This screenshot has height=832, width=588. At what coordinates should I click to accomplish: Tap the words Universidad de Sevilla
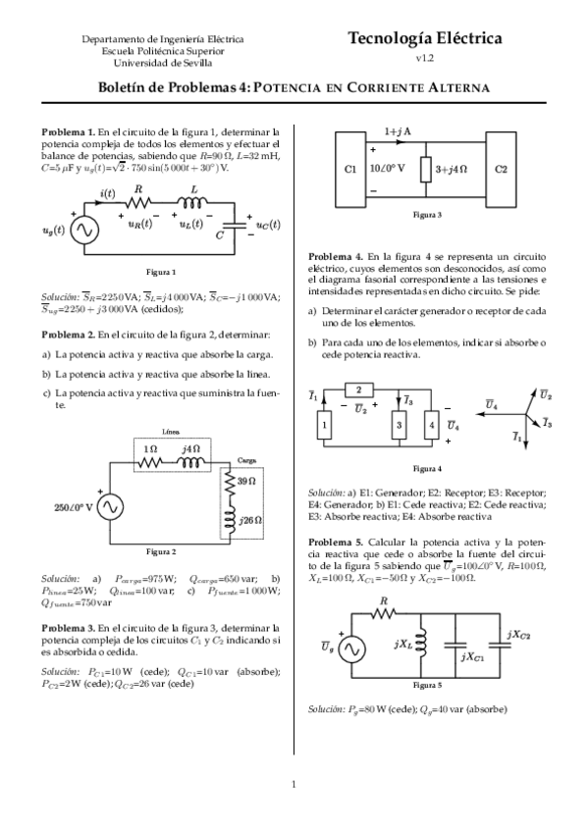[x=163, y=62]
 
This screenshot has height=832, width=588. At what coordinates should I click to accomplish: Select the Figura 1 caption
[x=162, y=272]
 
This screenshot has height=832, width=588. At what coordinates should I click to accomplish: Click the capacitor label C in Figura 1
[x=222, y=235]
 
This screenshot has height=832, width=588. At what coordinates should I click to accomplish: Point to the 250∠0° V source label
[x=71, y=507]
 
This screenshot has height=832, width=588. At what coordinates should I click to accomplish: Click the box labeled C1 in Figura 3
[x=350, y=169]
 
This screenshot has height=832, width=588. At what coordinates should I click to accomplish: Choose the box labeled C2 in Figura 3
[x=502, y=169]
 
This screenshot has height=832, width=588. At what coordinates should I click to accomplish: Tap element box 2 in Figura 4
[x=360, y=389]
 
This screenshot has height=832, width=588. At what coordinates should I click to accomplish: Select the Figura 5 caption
[x=427, y=685]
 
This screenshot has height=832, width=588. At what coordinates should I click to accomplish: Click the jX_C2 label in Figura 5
[x=522, y=634]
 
